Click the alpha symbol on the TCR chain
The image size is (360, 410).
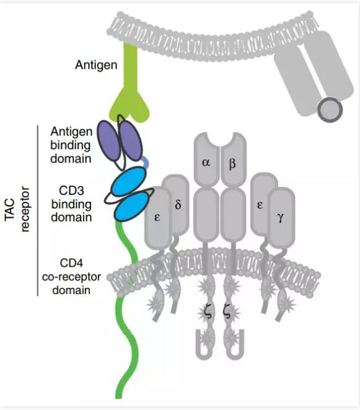click(x=206, y=163)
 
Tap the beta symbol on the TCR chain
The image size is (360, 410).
click(x=232, y=164)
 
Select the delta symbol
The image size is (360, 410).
click(x=178, y=204)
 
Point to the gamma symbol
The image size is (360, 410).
click(x=280, y=218)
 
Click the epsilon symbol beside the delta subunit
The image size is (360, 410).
click(x=157, y=217)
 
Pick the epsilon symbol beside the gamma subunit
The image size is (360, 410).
click(x=260, y=205)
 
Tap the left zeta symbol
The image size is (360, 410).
click(x=209, y=313)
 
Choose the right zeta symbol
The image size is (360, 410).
click(x=227, y=313)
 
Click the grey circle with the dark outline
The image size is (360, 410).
click(x=330, y=110)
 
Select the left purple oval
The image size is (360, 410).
click(x=108, y=141)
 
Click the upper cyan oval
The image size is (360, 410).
click(x=128, y=182)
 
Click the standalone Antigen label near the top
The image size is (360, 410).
click(x=96, y=65)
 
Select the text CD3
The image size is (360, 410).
click(x=71, y=190)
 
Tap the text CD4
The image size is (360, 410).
click(x=71, y=263)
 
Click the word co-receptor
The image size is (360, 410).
click(x=71, y=277)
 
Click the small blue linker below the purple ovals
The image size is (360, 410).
click(x=146, y=162)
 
